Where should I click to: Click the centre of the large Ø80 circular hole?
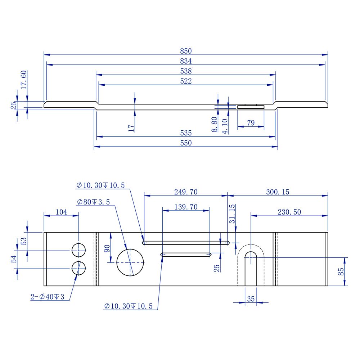[x=130, y=262]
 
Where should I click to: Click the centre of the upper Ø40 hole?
[x=79, y=250]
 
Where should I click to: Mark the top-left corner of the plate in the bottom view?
[x=44, y=232]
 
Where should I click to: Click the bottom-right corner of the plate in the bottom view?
[x=328, y=286]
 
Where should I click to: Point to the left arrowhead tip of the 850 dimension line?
[x=44, y=55]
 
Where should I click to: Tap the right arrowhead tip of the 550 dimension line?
[x=278, y=147]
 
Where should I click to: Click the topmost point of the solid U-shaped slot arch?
[x=251, y=252]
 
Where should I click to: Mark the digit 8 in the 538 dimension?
[x=190, y=71]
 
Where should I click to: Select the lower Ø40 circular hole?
[x=79, y=268]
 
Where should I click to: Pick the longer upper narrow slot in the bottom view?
[x=186, y=243]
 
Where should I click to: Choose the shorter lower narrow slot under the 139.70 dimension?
[x=186, y=255]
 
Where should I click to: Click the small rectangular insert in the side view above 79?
[x=251, y=107]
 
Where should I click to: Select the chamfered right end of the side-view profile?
[x=327, y=104]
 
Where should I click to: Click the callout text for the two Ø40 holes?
[x=48, y=297]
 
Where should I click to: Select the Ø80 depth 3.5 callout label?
[x=94, y=202]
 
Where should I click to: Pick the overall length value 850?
[x=186, y=51]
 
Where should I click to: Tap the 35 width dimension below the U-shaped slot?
[x=251, y=299]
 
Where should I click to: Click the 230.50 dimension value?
[x=289, y=212]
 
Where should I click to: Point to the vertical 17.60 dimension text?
[x=24, y=80]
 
